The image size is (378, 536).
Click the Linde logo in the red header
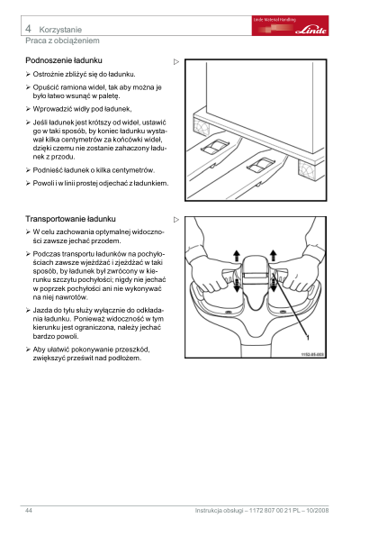coord(311,30)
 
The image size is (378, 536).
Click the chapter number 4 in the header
coord(28,29)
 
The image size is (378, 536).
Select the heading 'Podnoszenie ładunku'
coord(64,60)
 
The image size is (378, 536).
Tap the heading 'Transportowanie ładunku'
coord(71,219)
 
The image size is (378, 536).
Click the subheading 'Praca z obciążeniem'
coord(62,41)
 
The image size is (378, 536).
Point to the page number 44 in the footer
coord(29,511)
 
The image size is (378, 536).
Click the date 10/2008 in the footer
coord(318,511)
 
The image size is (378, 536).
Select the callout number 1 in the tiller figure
coord(308,338)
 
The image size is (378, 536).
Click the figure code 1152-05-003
coord(312,355)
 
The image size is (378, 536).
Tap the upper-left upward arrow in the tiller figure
coord(237,256)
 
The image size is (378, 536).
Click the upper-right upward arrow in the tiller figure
coord(274,255)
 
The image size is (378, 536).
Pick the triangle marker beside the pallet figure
coord(176,62)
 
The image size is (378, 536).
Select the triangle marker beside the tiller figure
coord(176,220)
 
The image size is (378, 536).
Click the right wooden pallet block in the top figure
coord(310,169)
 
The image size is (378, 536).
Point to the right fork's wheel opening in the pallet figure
coord(261,166)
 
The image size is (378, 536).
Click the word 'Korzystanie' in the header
coord(60,30)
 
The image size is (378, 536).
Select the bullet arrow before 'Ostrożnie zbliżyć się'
coord(28,74)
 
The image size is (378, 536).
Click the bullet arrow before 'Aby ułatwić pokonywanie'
coord(28,350)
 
